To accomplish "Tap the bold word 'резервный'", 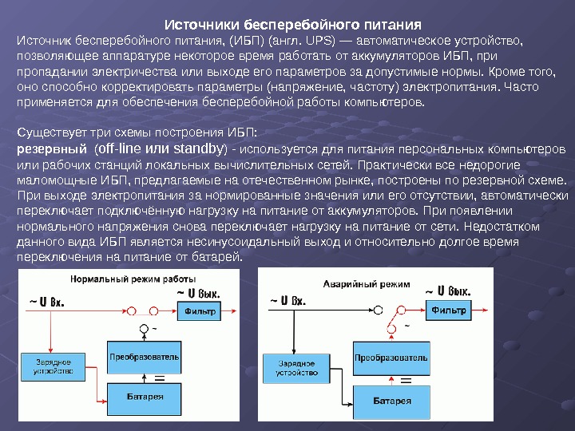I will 52,149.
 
